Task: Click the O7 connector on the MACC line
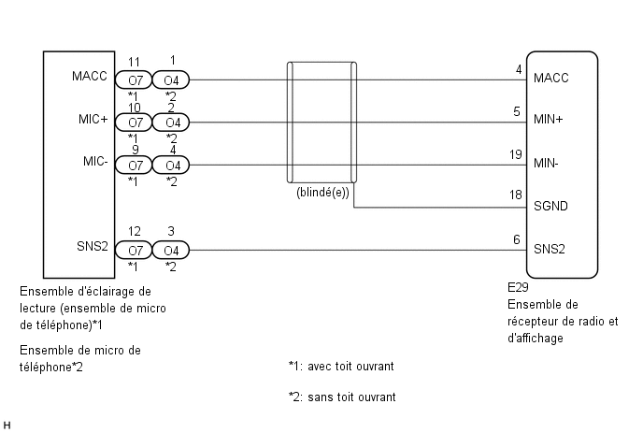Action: pos(134,80)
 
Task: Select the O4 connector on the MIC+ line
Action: pos(171,123)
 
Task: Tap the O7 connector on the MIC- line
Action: pos(134,165)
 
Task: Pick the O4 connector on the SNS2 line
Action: pos(171,250)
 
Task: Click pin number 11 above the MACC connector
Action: pos(134,62)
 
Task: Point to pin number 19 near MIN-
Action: pos(516,154)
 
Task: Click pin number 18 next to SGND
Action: pos(516,195)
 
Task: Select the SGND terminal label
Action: pos(550,206)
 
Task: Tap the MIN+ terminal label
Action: pos(549,120)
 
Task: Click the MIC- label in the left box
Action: pos(95,161)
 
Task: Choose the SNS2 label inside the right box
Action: pos(550,249)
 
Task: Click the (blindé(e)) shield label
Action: pos(322,193)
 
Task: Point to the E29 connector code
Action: pos(518,287)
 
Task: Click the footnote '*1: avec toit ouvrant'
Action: pos(341,366)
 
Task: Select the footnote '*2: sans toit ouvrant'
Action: pos(342,397)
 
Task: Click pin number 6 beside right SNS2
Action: pos(517,239)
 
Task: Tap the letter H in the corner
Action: pos(7,426)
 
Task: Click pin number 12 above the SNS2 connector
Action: pos(134,232)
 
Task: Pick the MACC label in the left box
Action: pos(90,76)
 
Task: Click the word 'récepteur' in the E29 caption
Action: pos(531,322)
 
